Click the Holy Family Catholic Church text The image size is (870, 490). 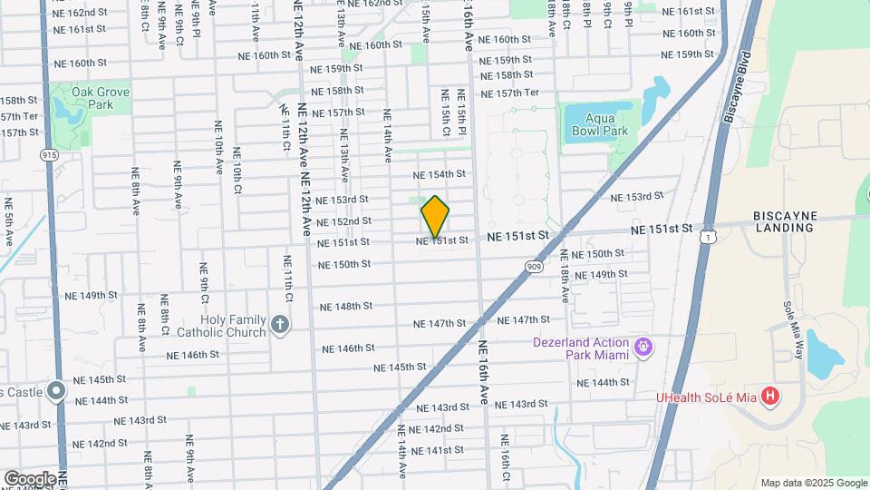tap(234, 326)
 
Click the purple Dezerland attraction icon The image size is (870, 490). tap(644, 346)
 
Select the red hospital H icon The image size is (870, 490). tap(770, 396)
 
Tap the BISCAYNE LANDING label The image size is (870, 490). tap(784, 221)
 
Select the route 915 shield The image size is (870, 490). tap(50, 155)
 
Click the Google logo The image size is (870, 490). tap(30, 478)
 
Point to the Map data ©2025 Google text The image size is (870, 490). tap(813, 483)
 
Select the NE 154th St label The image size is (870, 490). tap(439, 174)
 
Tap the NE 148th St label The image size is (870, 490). tap(345, 307)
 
